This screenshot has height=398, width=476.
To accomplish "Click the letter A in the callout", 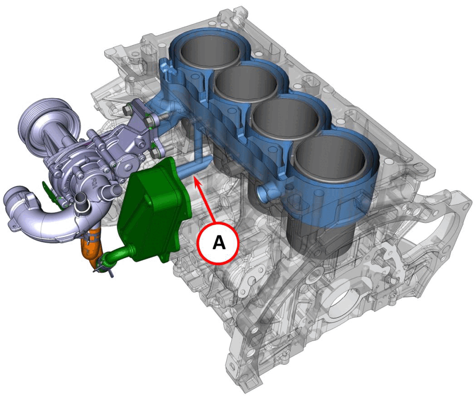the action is point(219,243).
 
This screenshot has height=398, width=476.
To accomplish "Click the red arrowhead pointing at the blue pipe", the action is point(197,181).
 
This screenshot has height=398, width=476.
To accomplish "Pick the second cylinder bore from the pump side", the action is point(245,81).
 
